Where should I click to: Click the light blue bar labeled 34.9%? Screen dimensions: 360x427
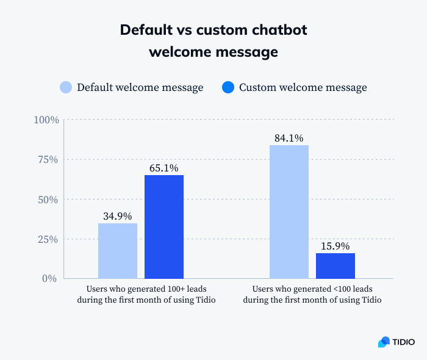point(118,251)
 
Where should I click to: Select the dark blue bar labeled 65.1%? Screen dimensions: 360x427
point(164,226)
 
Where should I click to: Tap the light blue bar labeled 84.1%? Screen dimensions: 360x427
point(289,212)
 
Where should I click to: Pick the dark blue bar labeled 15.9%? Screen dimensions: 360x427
point(335,265)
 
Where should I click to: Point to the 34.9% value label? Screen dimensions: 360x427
point(118,215)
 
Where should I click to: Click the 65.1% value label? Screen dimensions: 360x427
point(164,167)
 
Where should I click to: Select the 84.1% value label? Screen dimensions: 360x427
point(289,138)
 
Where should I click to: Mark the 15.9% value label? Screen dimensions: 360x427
point(335,246)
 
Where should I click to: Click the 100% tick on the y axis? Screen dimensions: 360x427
point(46,120)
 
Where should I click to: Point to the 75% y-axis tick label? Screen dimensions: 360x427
point(48,159)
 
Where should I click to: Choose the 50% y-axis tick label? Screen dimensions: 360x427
point(48,200)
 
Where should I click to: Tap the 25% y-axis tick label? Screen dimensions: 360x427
point(48,239)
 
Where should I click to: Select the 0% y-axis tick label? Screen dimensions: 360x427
point(51,278)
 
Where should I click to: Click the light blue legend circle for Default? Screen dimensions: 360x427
point(66,87)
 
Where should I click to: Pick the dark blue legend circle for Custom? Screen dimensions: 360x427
point(228,87)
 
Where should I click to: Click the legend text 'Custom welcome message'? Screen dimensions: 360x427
point(303,87)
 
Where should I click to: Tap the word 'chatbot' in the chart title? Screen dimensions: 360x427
point(273,30)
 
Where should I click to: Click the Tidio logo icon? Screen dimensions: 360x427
point(384,342)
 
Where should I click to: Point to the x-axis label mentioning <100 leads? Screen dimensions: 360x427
point(312,293)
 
